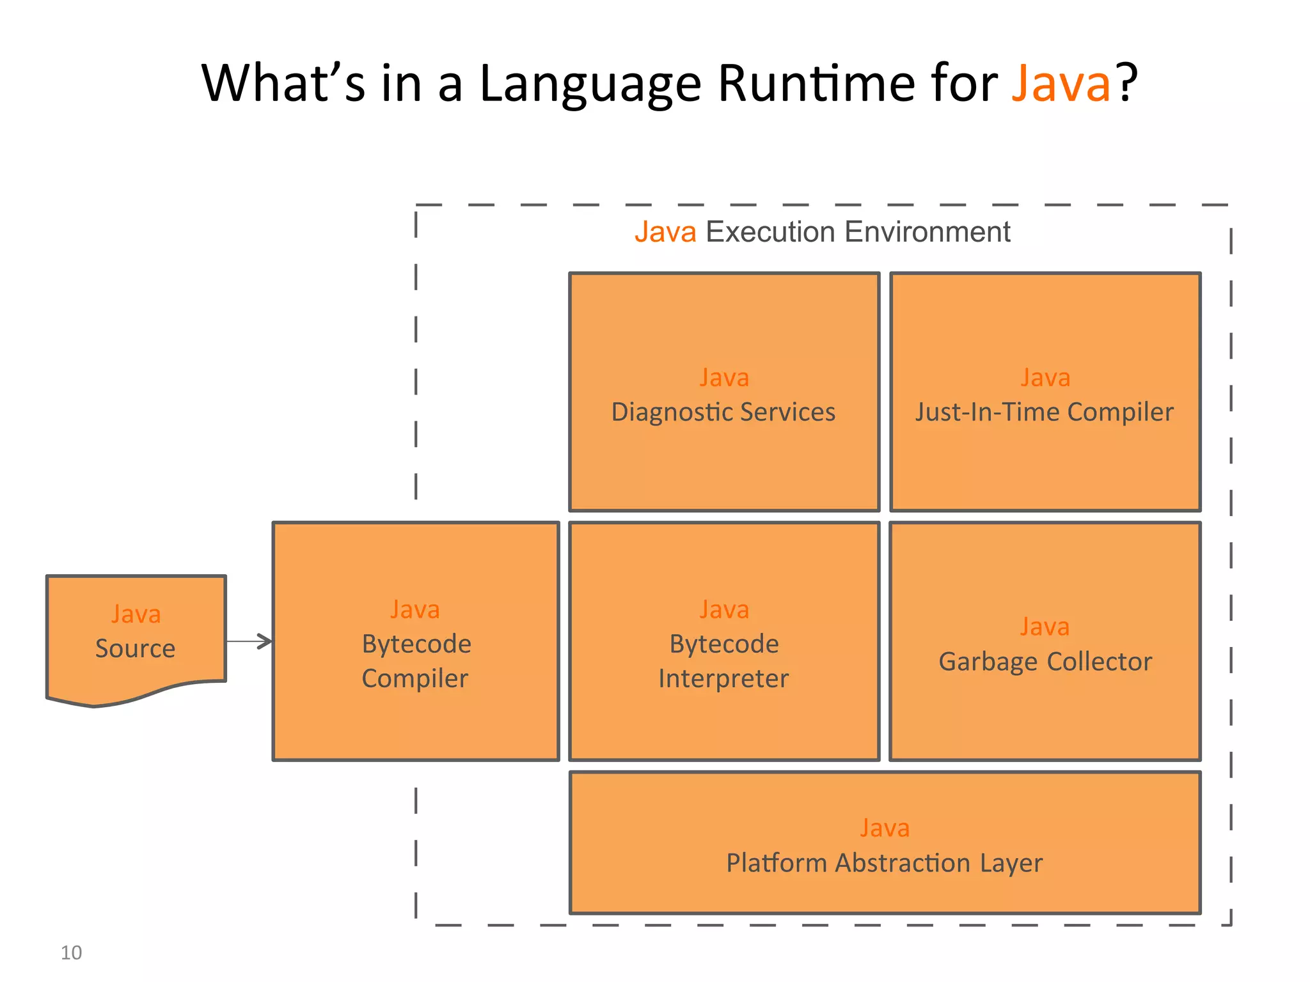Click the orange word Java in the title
point(1061,84)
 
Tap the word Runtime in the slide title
point(816,84)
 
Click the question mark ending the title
point(1127,84)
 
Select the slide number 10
point(71,953)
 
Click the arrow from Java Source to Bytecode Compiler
point(250,641)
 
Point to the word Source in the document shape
point(135,649)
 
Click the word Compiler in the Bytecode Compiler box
point(415,678)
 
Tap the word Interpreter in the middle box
point(723,678)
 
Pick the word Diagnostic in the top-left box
point(671,412)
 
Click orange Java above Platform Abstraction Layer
point(884,828)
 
